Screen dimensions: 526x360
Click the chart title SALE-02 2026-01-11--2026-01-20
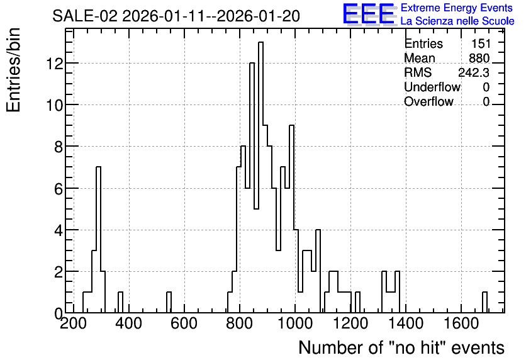176,16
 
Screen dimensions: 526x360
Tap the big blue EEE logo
369,14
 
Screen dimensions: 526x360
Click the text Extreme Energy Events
456,8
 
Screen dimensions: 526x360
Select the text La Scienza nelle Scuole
457,21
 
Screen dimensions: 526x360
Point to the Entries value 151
481,43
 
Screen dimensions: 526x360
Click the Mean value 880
479,58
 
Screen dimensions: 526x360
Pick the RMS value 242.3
474,72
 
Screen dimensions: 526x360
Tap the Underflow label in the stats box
432,87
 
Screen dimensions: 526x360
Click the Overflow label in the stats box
428,101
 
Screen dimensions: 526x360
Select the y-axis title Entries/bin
13,70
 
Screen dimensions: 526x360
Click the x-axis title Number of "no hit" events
401,347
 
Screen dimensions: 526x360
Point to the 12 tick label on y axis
54,64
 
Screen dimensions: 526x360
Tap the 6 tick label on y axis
59,189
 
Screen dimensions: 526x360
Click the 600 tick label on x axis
184,323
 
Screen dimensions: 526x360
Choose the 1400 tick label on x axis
406,323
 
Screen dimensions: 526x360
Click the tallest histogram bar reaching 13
260,177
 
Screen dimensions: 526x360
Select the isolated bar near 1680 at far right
484,302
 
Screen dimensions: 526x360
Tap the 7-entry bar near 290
98,240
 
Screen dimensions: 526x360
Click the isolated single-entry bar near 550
169,302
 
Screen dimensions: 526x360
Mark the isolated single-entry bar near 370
120,302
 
